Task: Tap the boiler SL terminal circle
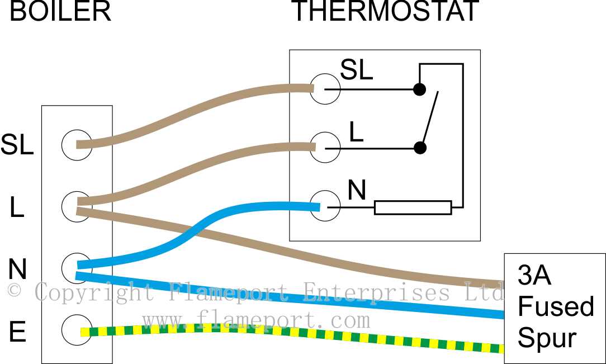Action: click(77, 145)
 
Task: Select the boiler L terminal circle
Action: click(77, 205)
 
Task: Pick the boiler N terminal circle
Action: click(77, 267)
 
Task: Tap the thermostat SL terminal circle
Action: click(325, 89)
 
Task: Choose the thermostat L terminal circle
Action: click(325, 148)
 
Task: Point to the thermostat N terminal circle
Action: click(325, 206)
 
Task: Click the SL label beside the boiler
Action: click(17, 145)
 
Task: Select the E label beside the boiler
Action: click(17, 333)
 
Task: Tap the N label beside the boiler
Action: click(17, 270)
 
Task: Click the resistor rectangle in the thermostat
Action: click(413, 207)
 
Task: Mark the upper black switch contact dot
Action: click(419, 89)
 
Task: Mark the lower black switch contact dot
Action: click(419, 148)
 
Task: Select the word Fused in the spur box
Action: click(556, 307)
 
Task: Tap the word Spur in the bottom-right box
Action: click(547, 338)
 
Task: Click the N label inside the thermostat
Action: click(357, 191)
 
